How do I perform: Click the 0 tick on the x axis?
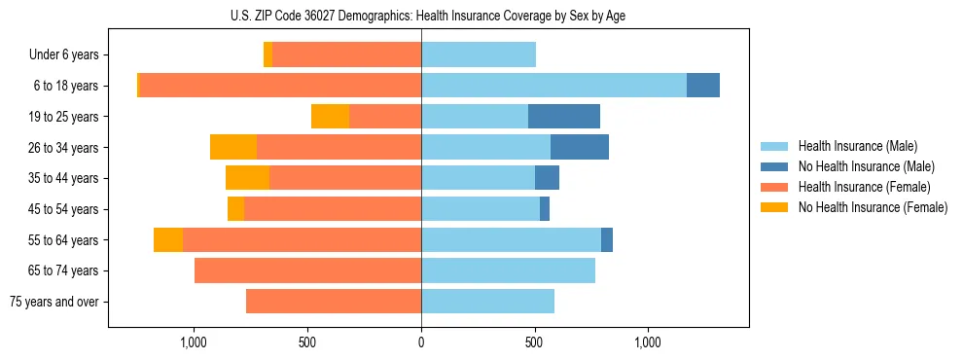point(421,342)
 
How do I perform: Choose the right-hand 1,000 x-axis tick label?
point(648,342)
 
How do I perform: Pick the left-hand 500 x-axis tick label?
point(307,342)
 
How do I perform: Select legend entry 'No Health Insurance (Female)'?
point(873,207)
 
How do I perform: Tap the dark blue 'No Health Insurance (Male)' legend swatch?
point(774,166)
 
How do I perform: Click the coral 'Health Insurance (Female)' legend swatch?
point(774,187)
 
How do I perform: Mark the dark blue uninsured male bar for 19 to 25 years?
point(564,117)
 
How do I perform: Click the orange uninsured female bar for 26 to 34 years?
point(233,147)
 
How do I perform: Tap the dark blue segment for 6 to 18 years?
point(703,86)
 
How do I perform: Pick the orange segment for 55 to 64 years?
point(168,239)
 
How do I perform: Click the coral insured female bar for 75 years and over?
point(334,302)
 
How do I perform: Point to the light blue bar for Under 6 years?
point(479,54)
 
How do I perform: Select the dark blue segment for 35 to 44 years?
point(547,178)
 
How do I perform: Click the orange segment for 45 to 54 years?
point(235,209)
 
